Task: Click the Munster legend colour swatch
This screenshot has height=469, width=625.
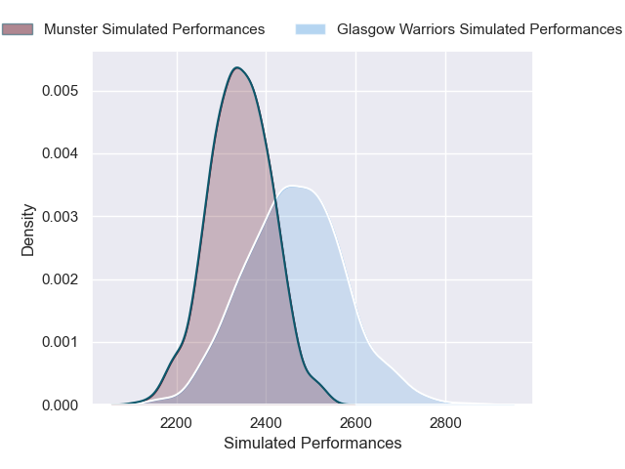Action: [17, 29]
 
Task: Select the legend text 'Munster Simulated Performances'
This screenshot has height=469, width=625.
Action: [154, 29]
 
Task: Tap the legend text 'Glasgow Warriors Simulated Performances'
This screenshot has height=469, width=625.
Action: [479, 29]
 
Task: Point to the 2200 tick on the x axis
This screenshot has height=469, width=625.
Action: [177, 423]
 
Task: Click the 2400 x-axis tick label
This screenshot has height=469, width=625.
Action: [267, 423]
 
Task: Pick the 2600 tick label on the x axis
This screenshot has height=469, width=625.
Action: [356, 423]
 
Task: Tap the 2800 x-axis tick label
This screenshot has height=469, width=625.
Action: [446, 423]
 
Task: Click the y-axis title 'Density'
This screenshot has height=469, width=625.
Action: [28, 230]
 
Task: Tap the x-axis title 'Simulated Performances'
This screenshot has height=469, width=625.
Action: [312, 443]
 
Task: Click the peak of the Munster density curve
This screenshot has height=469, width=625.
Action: [237, 67]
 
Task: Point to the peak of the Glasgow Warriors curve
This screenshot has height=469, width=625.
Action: [293, 186]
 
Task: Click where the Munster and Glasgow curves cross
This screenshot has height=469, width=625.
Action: [276, 197]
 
